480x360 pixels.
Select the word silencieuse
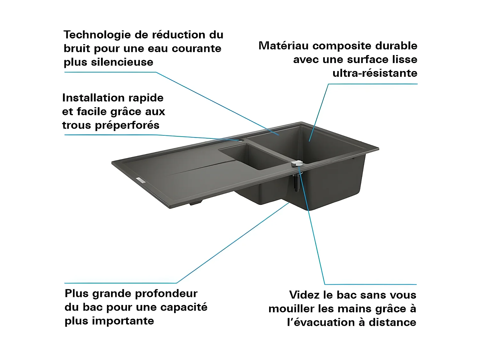122,62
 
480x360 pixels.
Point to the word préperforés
127,125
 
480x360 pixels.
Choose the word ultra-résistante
375,73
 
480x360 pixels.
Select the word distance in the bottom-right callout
392,323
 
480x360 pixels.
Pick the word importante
123,321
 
